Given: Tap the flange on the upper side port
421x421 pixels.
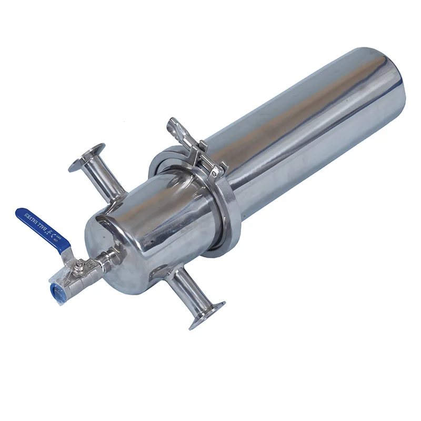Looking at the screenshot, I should click(x=86, y=157).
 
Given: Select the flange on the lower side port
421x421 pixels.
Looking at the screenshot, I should click(x=208, y=315).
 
